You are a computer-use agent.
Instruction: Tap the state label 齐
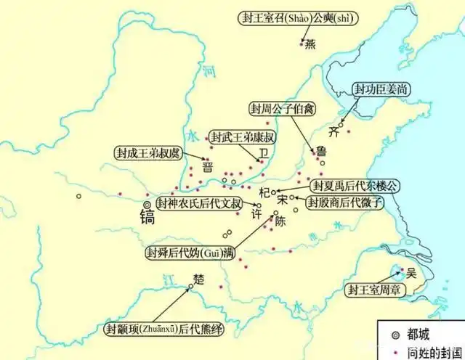point(334,133)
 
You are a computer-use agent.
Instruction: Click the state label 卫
point(264,154)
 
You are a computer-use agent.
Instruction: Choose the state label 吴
point(411,273)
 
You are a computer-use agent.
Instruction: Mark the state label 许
point(256,216)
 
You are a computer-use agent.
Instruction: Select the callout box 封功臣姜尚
point(376,89)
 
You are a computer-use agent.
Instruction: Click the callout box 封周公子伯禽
point(280,109)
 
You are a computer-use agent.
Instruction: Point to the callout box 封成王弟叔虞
point(149,153)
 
